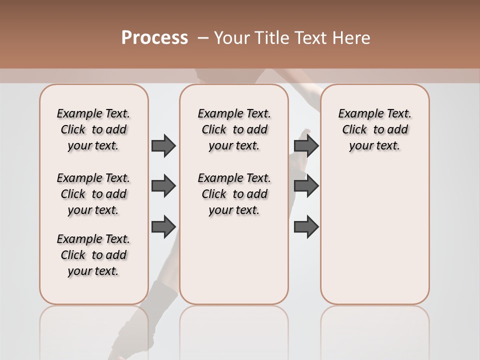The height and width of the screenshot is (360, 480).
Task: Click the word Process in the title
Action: [x=154, y=38]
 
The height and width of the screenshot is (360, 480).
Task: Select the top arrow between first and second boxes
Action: [x=163, y=145]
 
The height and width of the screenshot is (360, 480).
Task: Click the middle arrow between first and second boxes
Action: [x=163, y=186]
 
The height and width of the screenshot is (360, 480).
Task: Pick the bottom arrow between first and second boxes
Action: [x=163, y=226]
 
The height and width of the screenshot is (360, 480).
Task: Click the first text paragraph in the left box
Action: [x=93, y=129]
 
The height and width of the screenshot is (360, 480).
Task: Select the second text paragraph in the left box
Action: [x=93, y=194]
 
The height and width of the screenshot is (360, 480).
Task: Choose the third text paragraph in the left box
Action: [x=93, y=255]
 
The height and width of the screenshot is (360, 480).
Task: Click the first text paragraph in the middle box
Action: [x=234, y=129]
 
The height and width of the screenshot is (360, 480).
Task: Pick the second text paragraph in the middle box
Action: [x=234, y=194]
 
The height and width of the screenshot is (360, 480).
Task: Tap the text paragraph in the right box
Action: [x=374, y=129]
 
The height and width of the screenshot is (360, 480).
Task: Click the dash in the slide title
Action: [x=203, y=38]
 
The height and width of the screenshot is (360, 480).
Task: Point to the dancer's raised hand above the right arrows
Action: [x=304, y=134]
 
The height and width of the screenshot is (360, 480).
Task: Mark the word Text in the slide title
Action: [x=311, y=38]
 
